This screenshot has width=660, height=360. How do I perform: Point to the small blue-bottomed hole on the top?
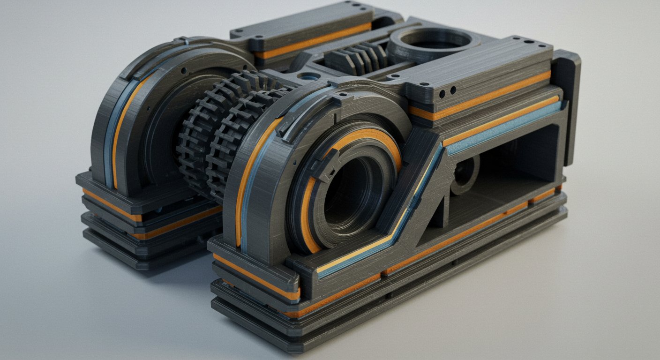tap(309, 76)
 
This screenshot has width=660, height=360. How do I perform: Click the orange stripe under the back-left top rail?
tap(312, 42)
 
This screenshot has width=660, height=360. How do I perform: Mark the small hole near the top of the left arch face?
tap(184, 71)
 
